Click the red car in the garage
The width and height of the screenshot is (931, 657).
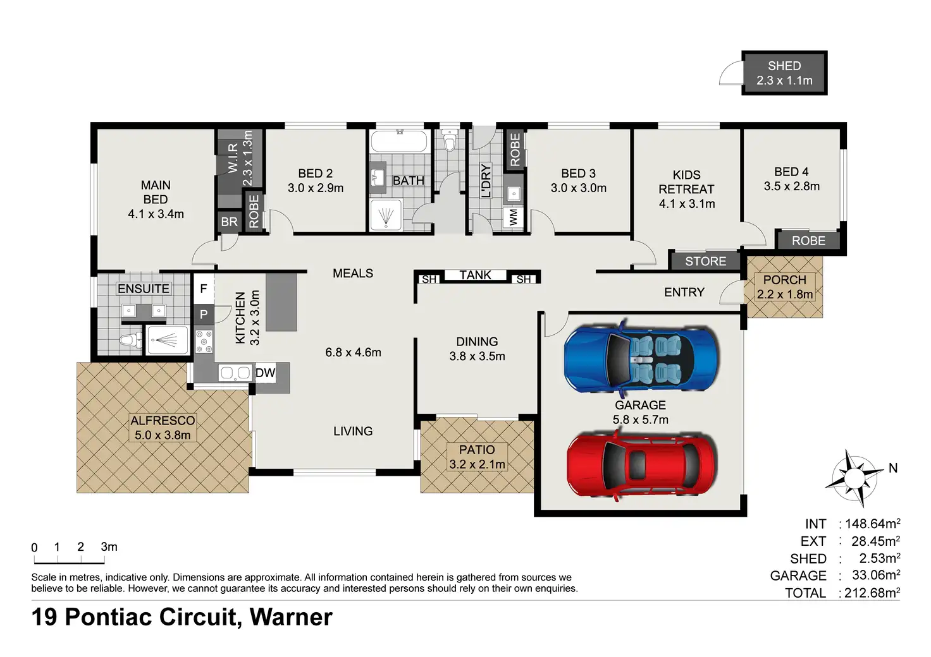[x=641, y=466]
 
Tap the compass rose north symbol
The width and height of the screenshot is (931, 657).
[x=854, y=477]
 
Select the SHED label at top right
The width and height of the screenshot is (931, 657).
[x=784, y=66]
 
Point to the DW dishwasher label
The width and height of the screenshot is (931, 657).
[x=266, y=373]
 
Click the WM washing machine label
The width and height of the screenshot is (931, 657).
[x=514, y=217]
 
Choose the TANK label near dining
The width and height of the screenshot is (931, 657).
[x=475, y=275]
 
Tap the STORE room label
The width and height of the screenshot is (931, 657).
[x=705, y=261]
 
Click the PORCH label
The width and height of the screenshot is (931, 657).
[x=784, y=280]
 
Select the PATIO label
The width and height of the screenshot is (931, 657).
[x=477, y=450]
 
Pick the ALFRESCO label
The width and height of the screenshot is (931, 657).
[x=163, y=421]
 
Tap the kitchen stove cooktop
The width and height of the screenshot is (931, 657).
[x=204, y=341]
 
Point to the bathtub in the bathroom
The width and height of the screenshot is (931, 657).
[x=400, y=142]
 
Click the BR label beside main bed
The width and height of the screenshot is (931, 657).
[x=229, y=222]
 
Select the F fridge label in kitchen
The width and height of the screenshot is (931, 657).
[x=204, y=289]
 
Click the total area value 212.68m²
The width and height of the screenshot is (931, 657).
[x=872, y=593]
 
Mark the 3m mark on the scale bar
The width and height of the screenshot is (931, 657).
[x=109, y=547]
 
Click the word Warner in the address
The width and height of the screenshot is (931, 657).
[x=291, y=617]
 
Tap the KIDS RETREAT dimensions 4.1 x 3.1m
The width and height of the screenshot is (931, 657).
[x=687, y=203]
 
